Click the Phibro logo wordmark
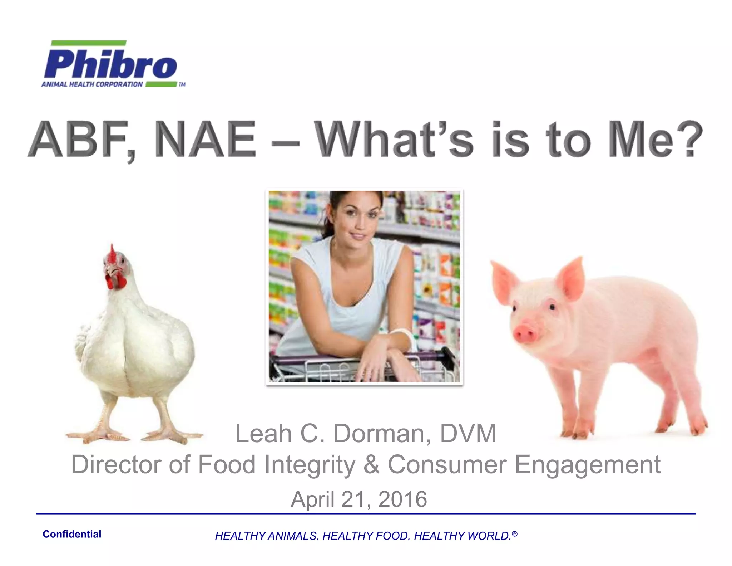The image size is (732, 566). [x=110, y=64]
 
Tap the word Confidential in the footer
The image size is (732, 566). [x=72, y=534]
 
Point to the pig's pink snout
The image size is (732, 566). [x=524, y=333]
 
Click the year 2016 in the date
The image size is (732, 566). [x=402, y=499]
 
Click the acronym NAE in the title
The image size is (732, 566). [x=206, y=140]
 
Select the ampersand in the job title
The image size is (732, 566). [x=372, y=464]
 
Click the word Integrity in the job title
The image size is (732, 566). [x=310, y=464]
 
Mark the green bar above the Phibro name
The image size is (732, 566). [x=89, y=43]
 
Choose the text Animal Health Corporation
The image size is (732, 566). [x=92, y=84]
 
